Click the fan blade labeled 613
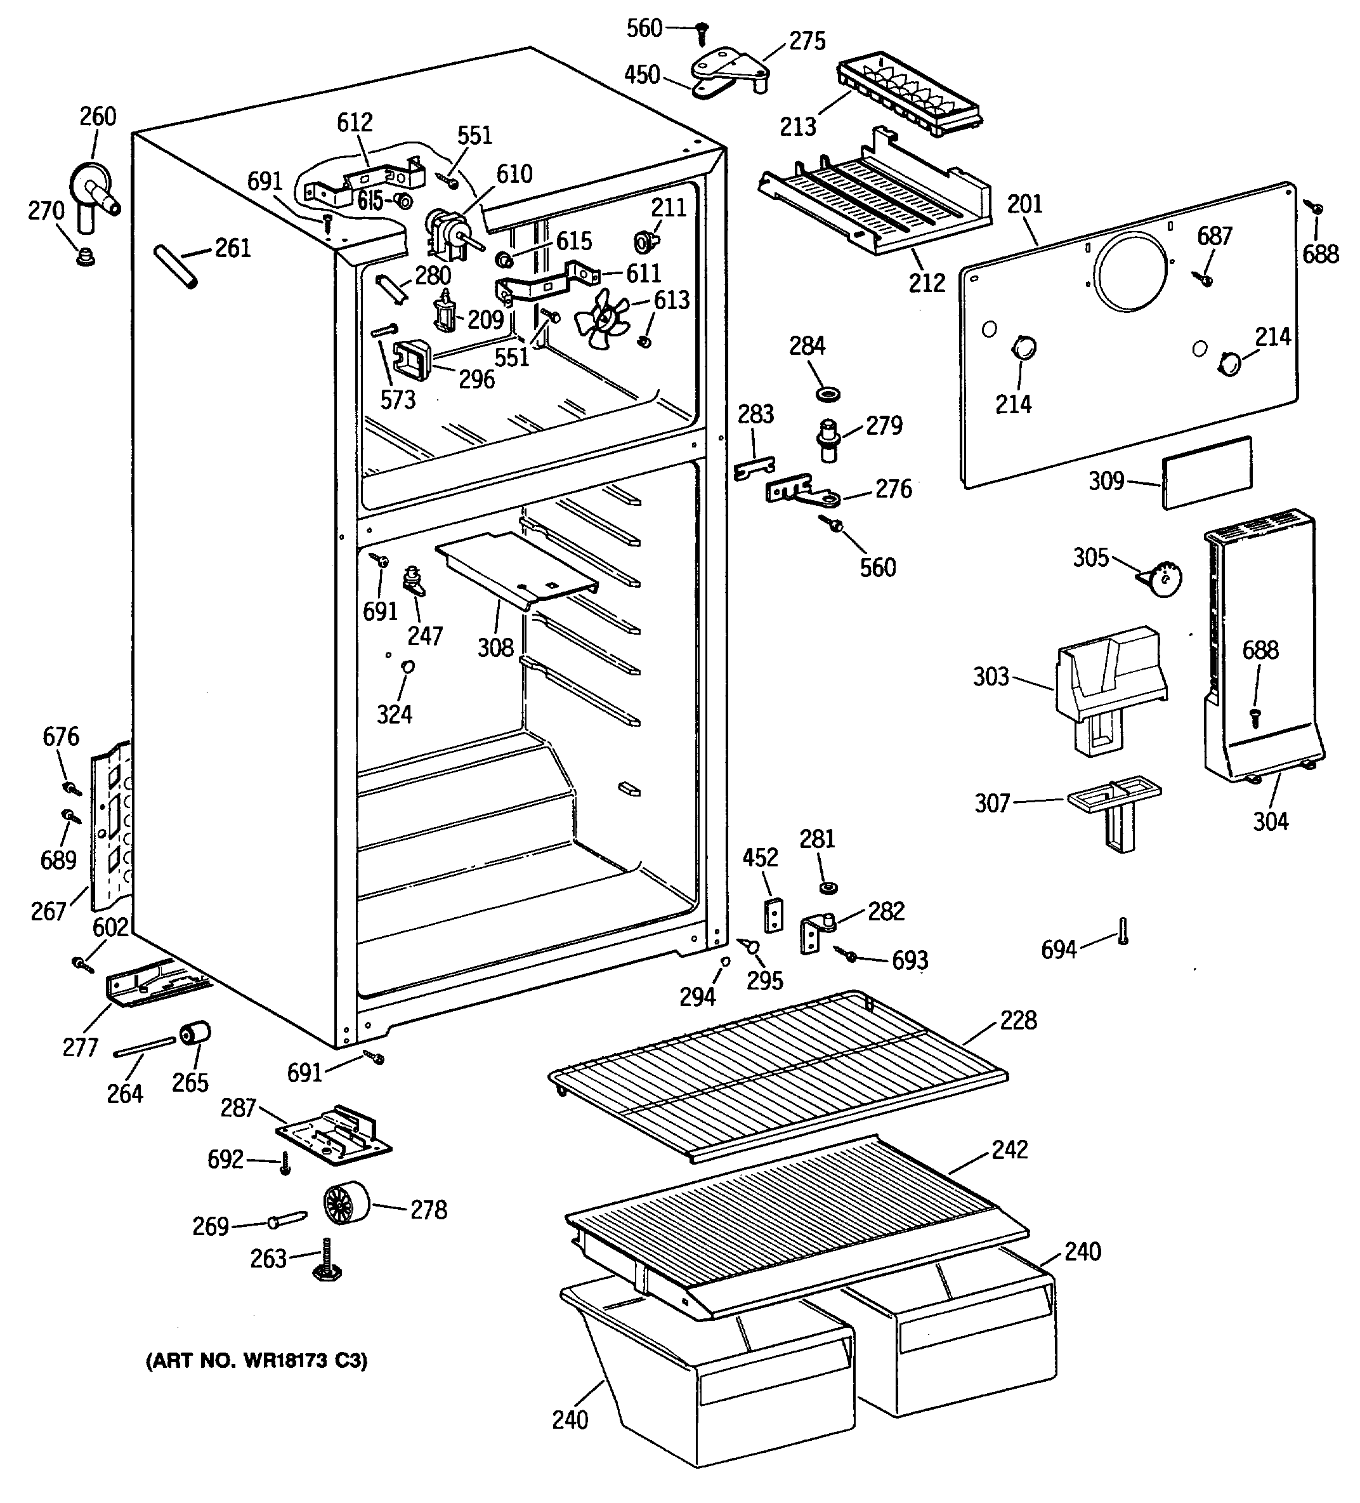pos(602,319)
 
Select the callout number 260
pos(98,116)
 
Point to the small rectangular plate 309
pos(1207,473)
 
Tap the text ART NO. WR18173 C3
pos(256,1361)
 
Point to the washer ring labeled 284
pos(826,392)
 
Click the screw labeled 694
pos(1123,931)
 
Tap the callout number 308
pos(495,647)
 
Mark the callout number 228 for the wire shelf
pos(1018,1020)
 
